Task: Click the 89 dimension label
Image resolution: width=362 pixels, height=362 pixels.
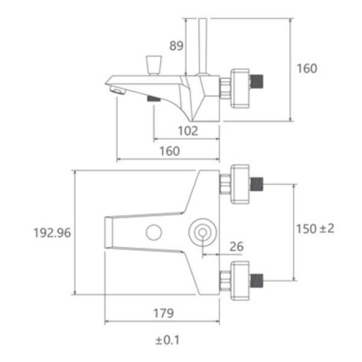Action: pos(176,46)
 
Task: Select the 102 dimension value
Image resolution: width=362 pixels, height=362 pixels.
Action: pos(188,131)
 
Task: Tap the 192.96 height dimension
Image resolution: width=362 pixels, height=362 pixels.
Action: pos(52,233)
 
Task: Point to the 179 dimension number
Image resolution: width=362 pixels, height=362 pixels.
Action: pos(164,313)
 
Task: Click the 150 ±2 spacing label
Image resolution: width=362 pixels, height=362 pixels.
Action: pos(315,229)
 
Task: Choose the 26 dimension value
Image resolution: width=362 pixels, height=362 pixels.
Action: pos(237,247)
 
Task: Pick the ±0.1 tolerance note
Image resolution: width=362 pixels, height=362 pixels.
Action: pos(168,340)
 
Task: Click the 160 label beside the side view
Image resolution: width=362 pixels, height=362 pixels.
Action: pos(307,69)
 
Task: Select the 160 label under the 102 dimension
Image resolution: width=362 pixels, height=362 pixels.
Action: pos(170,151)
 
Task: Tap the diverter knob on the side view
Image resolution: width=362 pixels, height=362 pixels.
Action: pos(154,65)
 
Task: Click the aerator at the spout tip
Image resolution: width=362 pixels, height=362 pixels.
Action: pos(117,90)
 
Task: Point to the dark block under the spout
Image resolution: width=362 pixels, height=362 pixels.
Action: pos(154,98)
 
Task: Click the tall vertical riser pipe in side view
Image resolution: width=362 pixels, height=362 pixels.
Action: pos(203,46)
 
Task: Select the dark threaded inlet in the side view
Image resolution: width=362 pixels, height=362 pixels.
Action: pos(256,81)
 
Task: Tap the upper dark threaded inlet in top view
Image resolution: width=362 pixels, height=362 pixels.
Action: pos(256,184)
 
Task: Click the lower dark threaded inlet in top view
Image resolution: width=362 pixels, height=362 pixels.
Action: pos(256,281)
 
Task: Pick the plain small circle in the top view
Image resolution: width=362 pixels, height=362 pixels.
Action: pos(154,232)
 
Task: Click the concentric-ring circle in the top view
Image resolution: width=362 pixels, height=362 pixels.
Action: pos(203,232)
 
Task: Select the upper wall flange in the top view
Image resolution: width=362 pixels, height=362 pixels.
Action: pos(240,184)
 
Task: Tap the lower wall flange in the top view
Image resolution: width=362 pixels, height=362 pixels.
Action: pos(240,281)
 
